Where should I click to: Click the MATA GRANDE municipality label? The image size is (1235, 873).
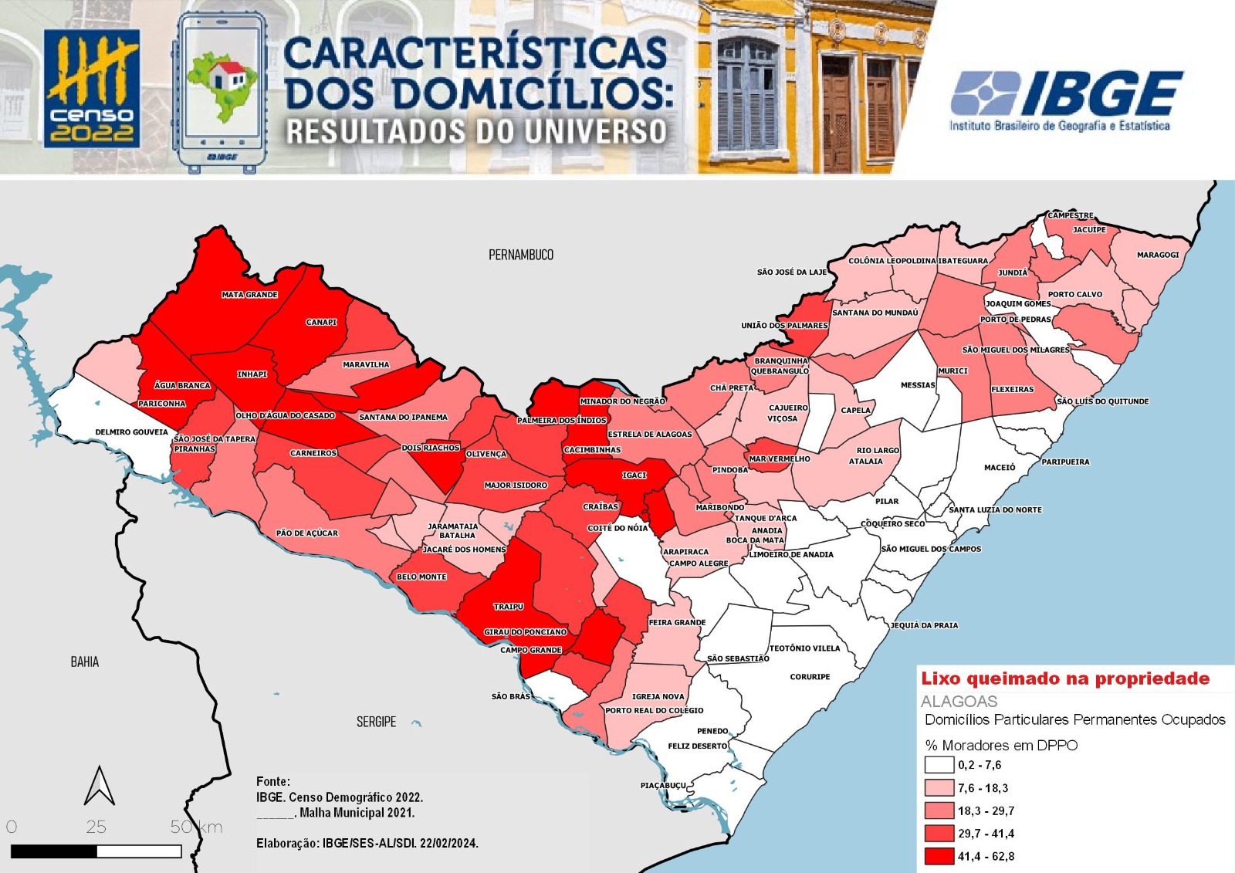pos(249,295)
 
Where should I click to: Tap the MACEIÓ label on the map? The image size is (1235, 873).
pos(1000,468)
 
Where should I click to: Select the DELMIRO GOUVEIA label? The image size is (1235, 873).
pos(131,432)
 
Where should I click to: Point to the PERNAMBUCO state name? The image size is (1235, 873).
pos(521,255)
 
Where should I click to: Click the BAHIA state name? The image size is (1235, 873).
pos(85,662)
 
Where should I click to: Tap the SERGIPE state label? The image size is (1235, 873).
pos(376,722)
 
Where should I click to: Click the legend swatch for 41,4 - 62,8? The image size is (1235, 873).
pos(939,856)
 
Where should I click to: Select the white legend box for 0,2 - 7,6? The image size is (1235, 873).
pos(939,765)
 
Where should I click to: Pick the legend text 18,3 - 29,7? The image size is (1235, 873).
pos(986,811)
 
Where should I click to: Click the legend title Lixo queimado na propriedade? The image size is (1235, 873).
pos(1065,678)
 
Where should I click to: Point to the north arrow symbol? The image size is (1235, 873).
pos(100,786)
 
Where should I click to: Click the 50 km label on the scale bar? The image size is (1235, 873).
pos(196,827)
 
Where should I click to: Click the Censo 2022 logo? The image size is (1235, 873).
pos(92,89)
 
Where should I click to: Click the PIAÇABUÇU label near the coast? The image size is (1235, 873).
pos(663,786)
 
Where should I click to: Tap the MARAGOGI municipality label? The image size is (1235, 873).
pos(1158,255)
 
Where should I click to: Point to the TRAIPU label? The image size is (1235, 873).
pos(509,607)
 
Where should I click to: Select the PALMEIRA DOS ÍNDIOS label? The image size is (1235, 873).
pos(561,420)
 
